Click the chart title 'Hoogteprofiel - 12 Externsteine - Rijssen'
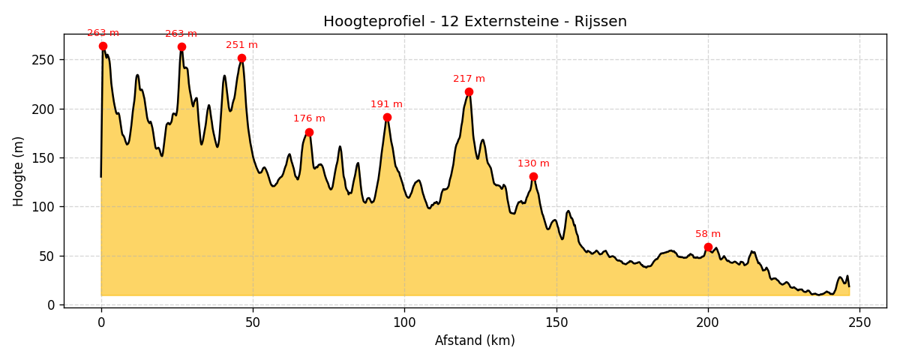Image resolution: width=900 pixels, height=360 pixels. click(475, 22)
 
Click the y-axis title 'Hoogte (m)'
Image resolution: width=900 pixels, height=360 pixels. click(19, 171)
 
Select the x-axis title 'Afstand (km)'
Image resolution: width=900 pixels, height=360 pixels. click(475, 340)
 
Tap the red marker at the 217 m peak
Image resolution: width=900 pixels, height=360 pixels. click(469, 92)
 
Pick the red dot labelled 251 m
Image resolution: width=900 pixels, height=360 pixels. click(241, 58)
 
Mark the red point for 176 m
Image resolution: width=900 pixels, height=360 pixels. click(309, 132)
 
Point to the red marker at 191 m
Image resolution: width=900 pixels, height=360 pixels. click(387, 117)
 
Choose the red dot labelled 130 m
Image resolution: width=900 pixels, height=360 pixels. click(533, 177)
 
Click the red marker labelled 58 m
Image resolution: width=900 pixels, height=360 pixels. click(708, 247)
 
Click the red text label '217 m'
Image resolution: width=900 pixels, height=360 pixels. click(469, 79)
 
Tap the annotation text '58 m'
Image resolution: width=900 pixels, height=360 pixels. click(708, 234)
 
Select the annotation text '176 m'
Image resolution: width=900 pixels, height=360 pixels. click(309, 118)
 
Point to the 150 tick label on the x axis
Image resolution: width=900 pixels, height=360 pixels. click(556, 322)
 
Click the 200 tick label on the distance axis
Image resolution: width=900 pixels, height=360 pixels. click(708, 322)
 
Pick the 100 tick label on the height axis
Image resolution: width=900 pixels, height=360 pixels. click(45, 207)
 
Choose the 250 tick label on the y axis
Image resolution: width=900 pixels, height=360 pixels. click(45, 60)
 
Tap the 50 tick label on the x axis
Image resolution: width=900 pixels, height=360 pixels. click(253, 322)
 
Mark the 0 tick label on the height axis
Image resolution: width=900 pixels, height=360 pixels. click(51, 305)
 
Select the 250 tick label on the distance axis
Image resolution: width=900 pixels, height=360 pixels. click(859, 322)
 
